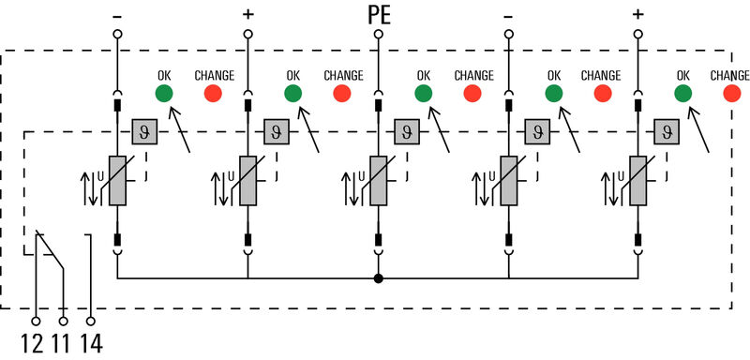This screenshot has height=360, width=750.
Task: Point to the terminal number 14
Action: [x=90, y=343]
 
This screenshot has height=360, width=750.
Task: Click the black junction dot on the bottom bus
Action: [x=378, y=278]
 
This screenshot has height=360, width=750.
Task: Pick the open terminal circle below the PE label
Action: [x=378, y=34]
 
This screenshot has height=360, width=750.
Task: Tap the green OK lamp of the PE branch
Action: [x=424, y=93]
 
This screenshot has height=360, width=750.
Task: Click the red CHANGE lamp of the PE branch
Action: [x=472, y=93]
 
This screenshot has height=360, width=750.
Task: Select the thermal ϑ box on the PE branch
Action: [x=405, y=131]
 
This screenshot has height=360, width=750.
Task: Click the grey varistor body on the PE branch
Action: [x=378, y=180]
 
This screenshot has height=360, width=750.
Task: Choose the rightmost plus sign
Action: [x=638, y=14]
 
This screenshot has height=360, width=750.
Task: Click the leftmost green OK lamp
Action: [x=163, y=93]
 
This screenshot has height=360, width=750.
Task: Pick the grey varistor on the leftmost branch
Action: [x=117, y=180]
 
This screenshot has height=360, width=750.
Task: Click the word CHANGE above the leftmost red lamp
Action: [x=214, y=75]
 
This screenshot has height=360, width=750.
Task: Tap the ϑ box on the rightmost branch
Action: [x=666, y=131]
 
